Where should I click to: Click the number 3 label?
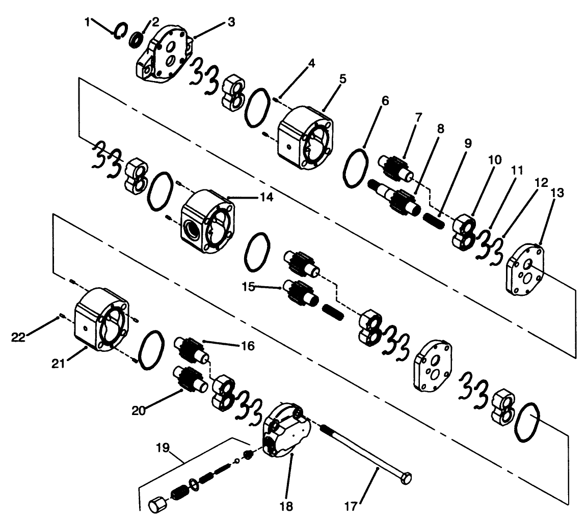click(x=231, y=23)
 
